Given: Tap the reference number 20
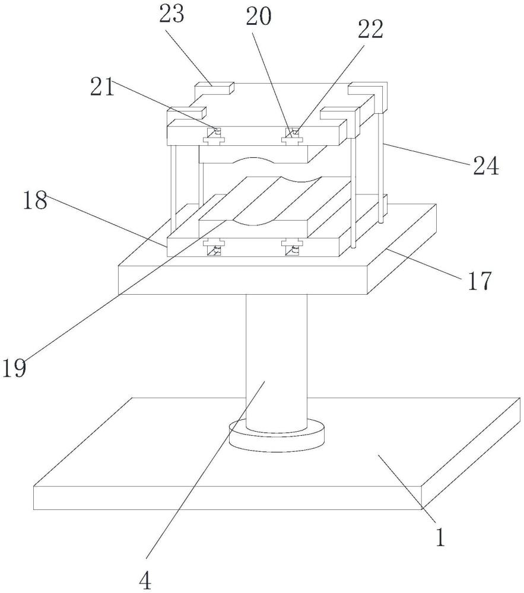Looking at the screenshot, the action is tap(259, 17).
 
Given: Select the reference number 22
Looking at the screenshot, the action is tap(371, 30).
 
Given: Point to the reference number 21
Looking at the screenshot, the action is tap(102, 87).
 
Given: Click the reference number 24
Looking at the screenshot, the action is tap(486, 167).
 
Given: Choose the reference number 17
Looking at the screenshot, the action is tap(479, 280).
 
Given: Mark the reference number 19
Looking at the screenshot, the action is tap(14, 368).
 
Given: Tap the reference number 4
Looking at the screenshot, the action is tap(145, 581).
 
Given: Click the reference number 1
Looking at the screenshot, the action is tap(440, 537).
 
